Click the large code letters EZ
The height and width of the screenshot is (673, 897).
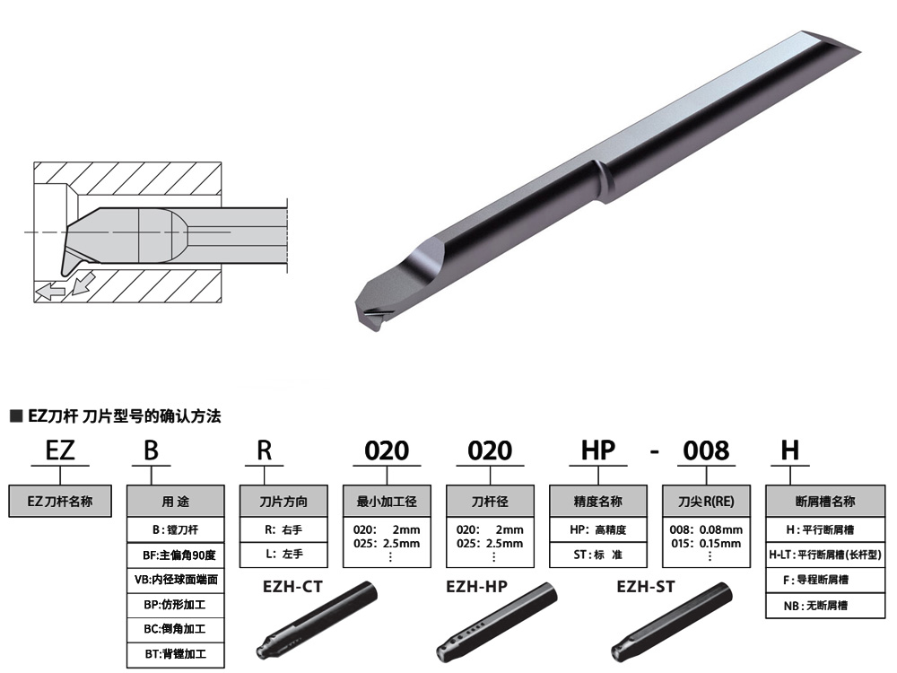tap(60, 450)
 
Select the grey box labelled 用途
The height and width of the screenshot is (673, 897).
tap(175, 501)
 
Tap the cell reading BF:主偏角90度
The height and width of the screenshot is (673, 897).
tap(175, 555)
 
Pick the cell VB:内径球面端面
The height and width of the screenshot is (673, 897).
tap(175, 580)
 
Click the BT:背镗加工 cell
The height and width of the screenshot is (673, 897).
tap(175, 655)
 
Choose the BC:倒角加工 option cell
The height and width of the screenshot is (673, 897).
tap(175, 630)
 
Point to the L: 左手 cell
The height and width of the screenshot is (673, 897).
tap(283, 555)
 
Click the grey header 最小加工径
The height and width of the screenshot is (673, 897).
tap(387, 501)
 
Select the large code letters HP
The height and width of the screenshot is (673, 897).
tap(597, 450)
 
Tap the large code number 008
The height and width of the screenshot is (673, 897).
tap(706, 450)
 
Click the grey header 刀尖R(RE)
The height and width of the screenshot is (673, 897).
tap(706, 501)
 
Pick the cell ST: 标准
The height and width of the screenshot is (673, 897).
tap(597, 555)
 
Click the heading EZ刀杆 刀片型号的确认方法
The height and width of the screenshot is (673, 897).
tap(121, 416)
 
